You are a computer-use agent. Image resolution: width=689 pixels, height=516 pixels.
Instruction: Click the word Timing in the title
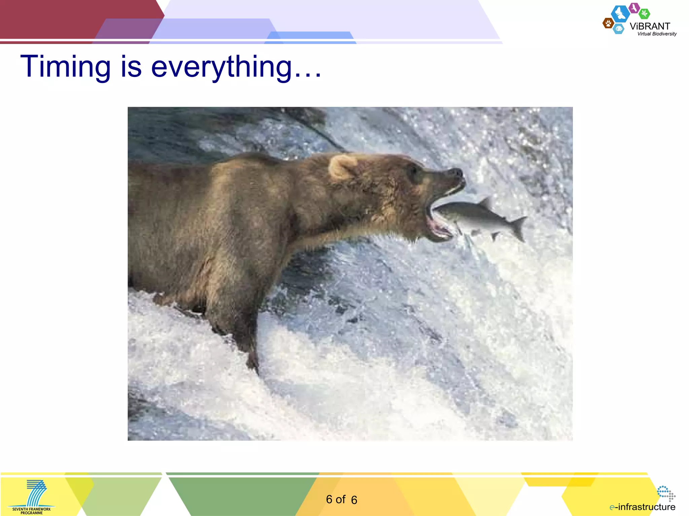pos(66,67)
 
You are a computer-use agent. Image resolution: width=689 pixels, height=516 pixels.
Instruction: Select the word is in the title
pos(131,67)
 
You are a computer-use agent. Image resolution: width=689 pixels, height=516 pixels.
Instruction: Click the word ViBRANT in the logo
pos(650,26)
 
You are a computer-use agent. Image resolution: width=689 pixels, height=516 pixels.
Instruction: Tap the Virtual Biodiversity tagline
pos(657,34)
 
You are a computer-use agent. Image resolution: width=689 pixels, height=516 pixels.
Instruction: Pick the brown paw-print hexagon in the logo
pos(608,23)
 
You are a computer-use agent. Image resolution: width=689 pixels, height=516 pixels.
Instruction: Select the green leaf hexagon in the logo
pos(644,14)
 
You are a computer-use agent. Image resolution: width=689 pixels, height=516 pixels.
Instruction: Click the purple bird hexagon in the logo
pos(634,7)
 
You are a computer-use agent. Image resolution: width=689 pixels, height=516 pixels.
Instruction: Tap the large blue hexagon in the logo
pos(620,14)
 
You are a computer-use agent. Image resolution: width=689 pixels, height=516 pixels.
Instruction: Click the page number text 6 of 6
pos(341,500)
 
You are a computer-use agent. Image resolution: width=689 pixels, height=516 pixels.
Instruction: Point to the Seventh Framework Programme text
pos(31,511)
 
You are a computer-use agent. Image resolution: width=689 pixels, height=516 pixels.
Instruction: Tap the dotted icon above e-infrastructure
pos(666,493)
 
